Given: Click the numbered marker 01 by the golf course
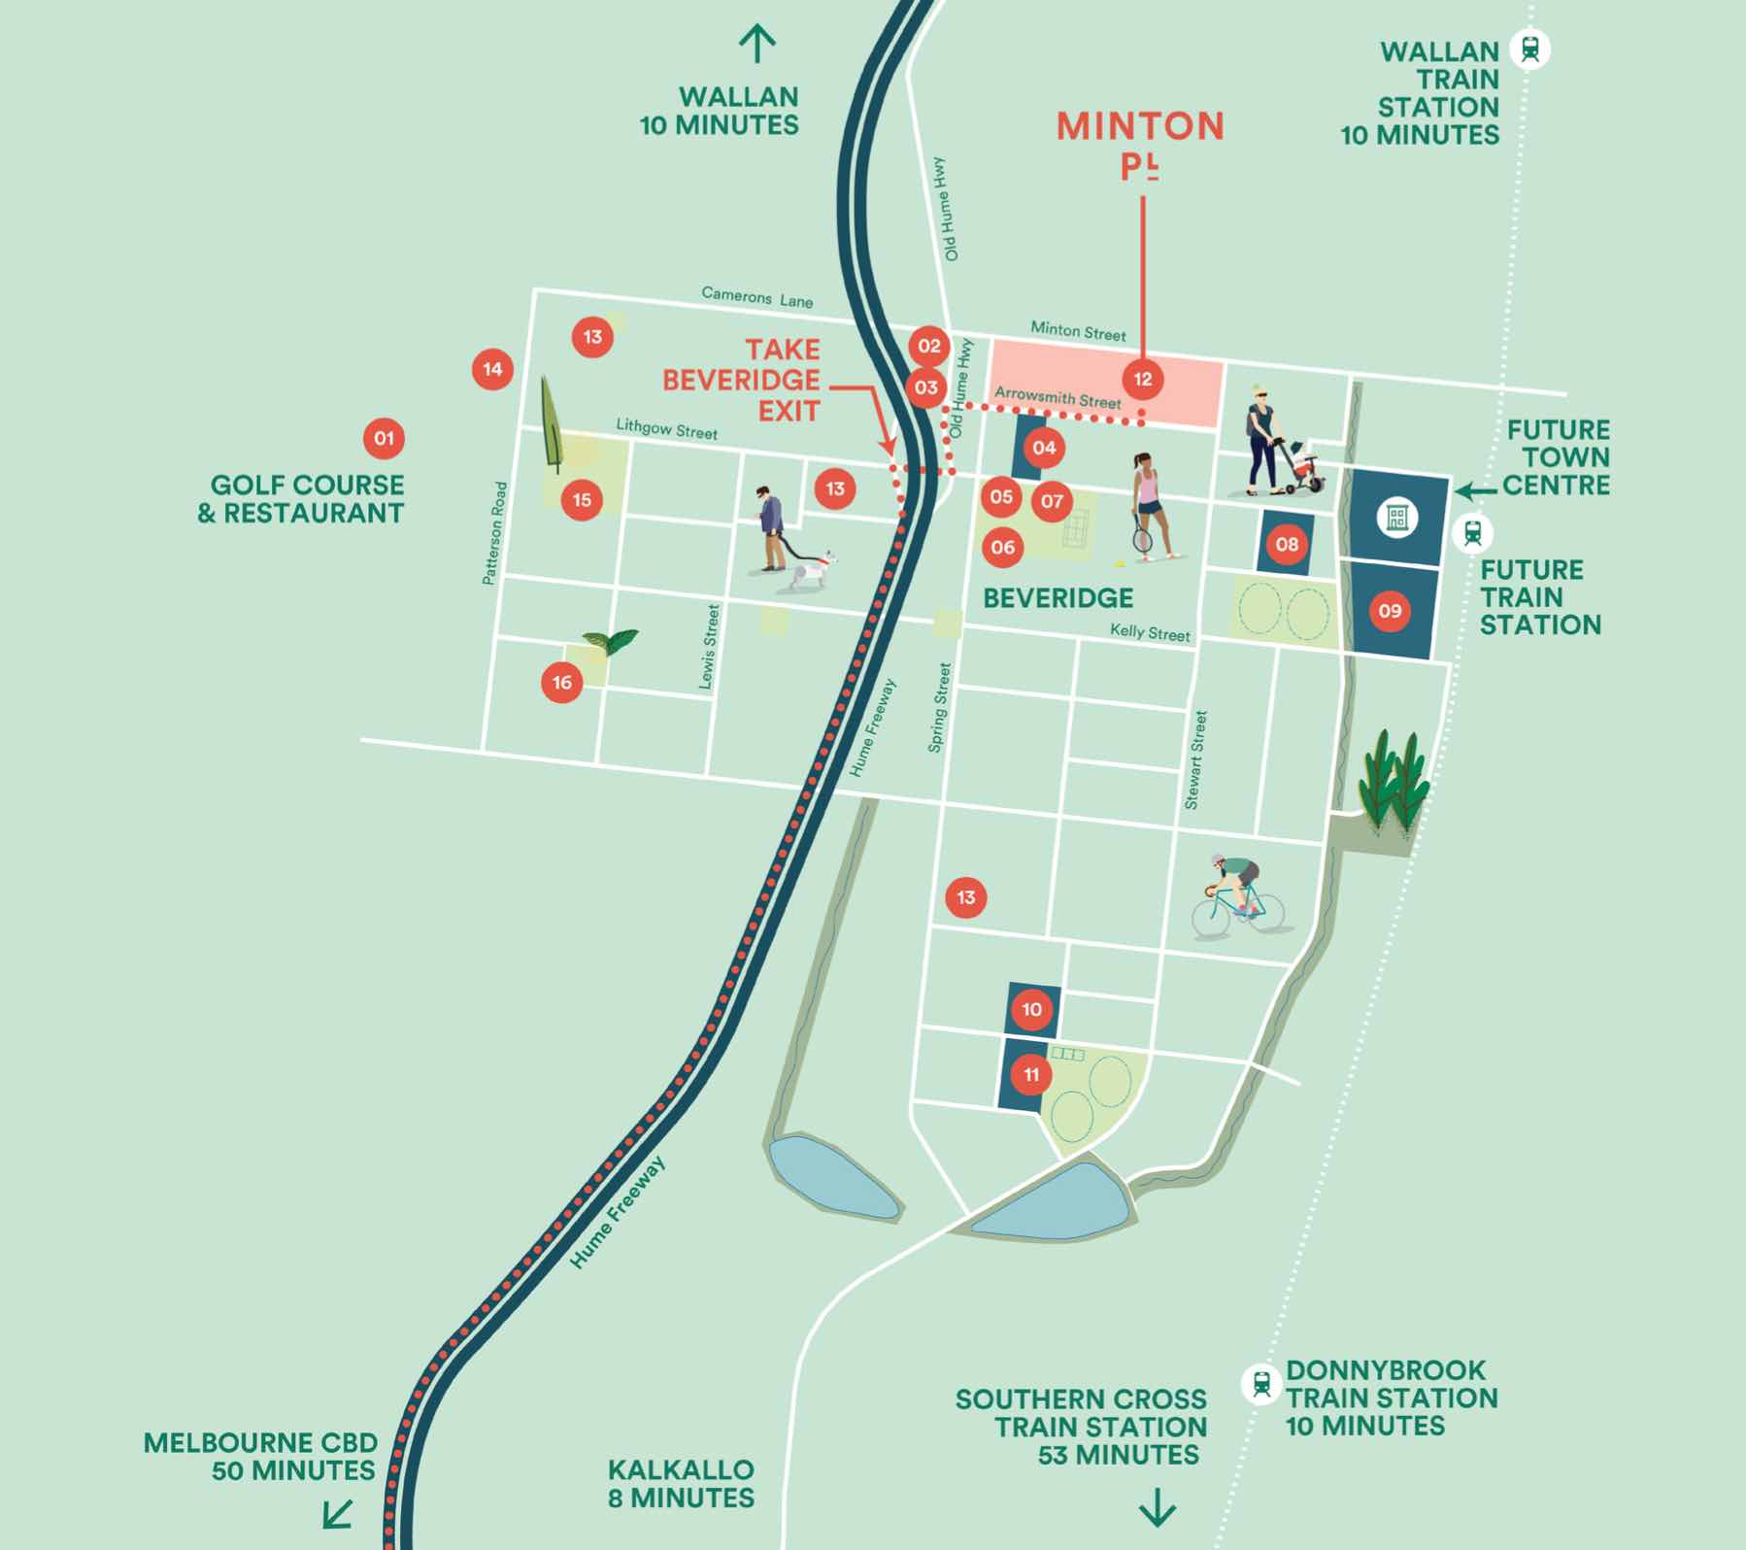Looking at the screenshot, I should [385, 438].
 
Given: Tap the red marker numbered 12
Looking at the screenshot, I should [1143, 379].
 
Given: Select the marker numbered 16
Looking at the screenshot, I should [562, 682].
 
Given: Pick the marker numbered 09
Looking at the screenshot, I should [1390, 611].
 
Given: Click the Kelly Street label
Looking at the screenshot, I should [1150, 632].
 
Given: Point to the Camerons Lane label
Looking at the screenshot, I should [756, 296].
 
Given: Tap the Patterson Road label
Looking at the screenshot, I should [495, 533].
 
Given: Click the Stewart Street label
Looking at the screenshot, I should [1196, 760].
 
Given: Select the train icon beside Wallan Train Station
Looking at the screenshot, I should [1530, 49].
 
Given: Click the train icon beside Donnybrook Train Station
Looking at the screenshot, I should [1261, 1383].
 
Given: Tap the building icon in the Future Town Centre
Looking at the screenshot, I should [1396, 517].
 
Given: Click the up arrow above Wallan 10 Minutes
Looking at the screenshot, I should [757, 44].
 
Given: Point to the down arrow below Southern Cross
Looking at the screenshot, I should [1158, 1507].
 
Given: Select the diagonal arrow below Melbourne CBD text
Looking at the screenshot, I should [337, 1513].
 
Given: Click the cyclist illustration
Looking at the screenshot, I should [1236, 898].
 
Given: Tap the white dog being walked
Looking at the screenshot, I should [812, 572].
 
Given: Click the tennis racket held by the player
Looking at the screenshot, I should [1142, 532].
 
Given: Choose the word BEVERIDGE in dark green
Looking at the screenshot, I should [1058, 597].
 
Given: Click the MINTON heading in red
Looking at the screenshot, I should [1140, 126].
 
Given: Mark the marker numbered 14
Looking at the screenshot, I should [492, 369].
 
